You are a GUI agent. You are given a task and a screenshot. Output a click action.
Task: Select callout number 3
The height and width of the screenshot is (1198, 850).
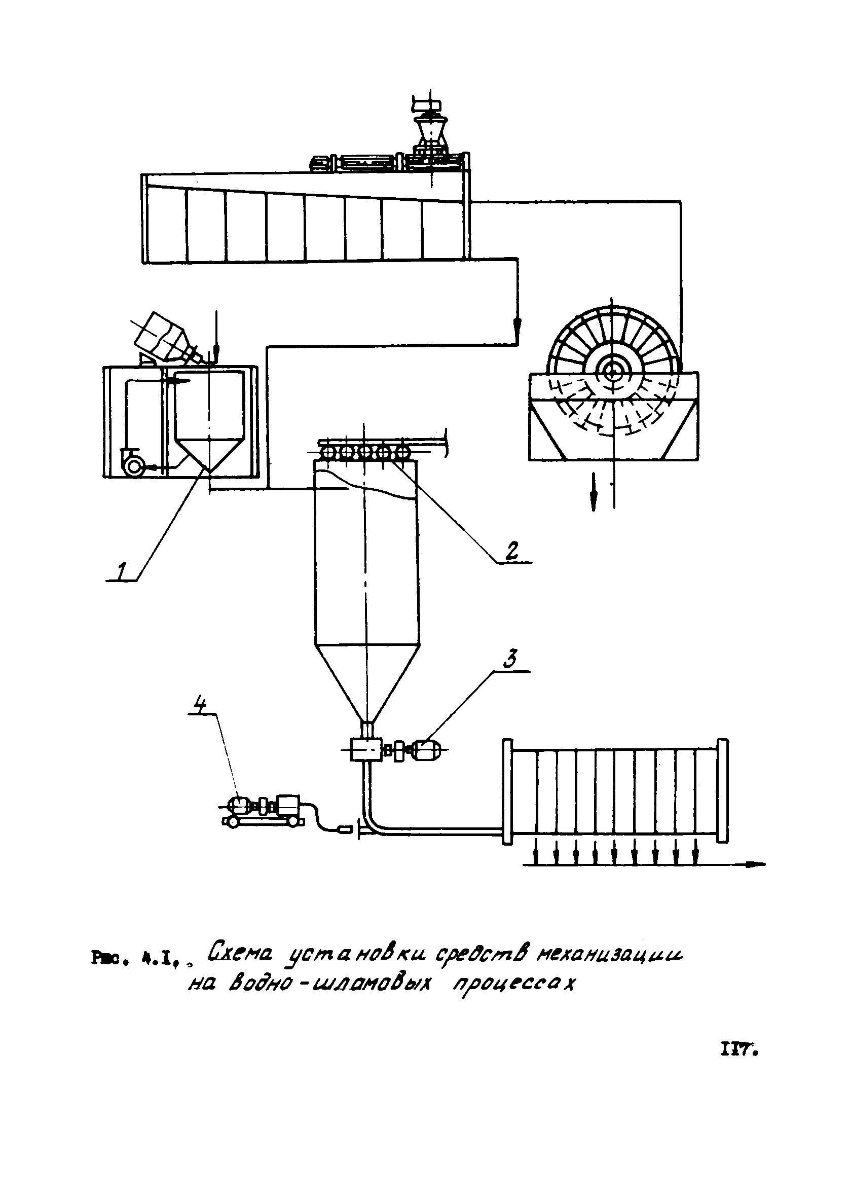[x=510, y=659]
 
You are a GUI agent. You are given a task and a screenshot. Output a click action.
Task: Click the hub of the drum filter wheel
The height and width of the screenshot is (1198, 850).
[x=611, y=372]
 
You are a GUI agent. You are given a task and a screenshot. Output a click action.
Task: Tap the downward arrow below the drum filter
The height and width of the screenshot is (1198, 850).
[x=594, y=492]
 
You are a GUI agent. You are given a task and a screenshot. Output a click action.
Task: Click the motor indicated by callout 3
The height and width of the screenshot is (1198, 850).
[x=427, y=750]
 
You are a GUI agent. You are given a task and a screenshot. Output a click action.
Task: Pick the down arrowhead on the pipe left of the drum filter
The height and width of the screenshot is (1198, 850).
[x=517, y=328]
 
